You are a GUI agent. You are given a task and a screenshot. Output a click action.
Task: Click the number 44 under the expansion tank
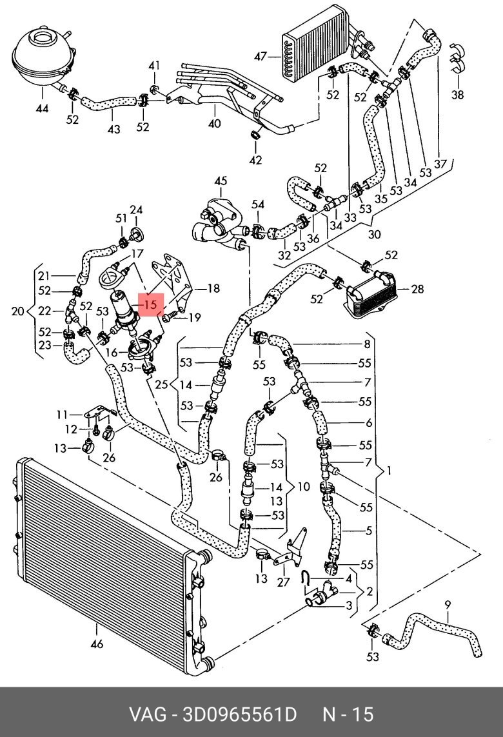[x=42, y=109]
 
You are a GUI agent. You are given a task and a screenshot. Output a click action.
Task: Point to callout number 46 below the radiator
[x=97, y=644]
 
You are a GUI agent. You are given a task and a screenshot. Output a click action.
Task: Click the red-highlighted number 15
[x=151, y=304]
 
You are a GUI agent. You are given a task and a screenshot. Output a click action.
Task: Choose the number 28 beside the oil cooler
[x=417, y=289]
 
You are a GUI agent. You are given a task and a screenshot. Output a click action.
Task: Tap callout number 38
[x=457, y=95]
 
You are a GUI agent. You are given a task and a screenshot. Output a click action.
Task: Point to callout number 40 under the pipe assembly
[x=214, y=124]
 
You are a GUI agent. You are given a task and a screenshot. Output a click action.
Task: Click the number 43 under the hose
[x=113, y=129]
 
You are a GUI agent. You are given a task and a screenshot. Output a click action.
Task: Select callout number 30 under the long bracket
[x=374, y=234]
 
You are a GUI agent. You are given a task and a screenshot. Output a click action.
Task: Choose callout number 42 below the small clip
[x=256, y=160]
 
